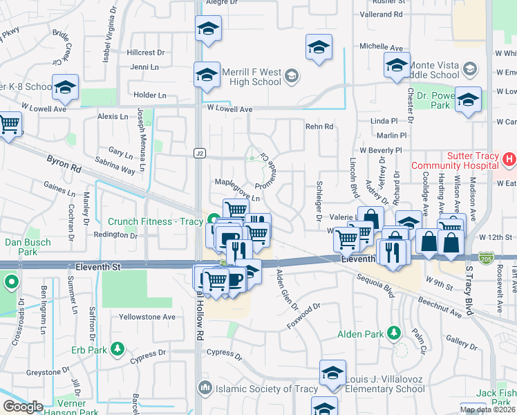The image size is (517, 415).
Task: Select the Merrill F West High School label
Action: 251,77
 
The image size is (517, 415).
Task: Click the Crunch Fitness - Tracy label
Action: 155,221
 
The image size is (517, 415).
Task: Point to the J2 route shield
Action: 200,152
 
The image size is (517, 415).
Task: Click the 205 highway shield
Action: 487,257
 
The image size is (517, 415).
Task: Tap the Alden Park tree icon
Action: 394,334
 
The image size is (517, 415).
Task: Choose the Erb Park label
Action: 88,350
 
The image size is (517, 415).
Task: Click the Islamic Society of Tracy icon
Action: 205,389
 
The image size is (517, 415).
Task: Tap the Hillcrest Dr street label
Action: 147,52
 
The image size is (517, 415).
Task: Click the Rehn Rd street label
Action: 319,127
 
